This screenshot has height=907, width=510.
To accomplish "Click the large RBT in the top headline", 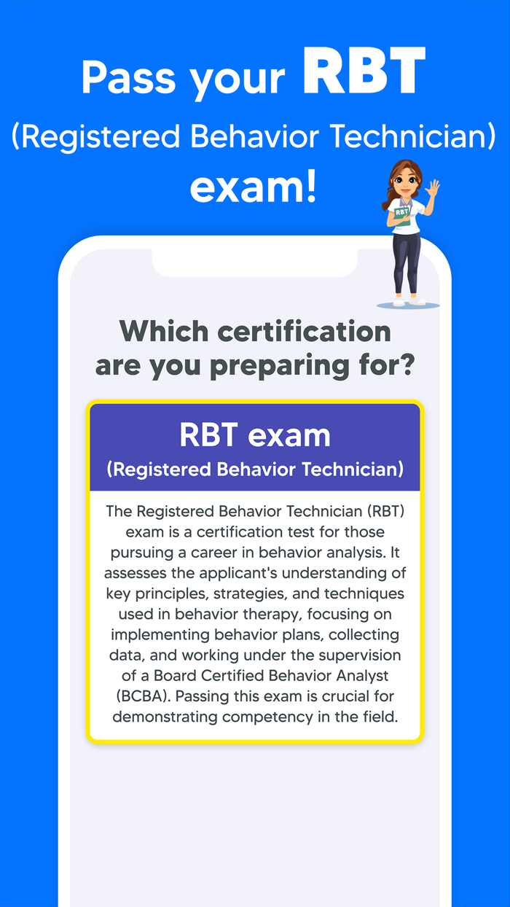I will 364,72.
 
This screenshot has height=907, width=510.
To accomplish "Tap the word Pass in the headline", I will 130,77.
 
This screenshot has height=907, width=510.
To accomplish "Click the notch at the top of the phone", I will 254,262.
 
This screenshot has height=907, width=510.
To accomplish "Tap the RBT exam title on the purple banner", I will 254,435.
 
